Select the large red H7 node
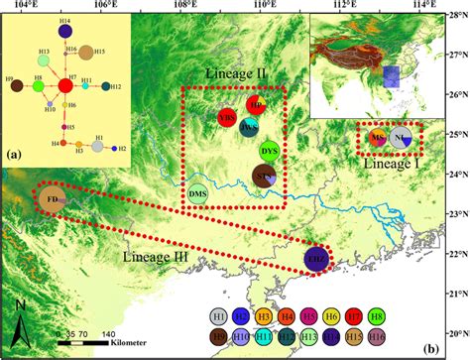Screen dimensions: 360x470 click(64, 86)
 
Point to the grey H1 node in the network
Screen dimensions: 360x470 click(98, 148)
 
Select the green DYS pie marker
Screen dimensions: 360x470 click(270, 151)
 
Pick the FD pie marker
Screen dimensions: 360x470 click(53, 199)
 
